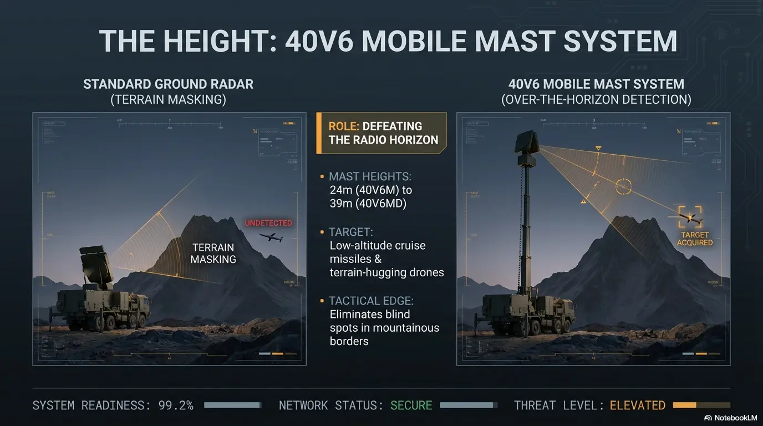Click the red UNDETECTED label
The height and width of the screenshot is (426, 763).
click(268, 223)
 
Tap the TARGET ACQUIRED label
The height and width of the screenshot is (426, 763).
click(694, 239)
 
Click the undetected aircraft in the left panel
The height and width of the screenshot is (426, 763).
click(271, 237)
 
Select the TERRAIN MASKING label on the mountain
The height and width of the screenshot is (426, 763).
click(213, 253)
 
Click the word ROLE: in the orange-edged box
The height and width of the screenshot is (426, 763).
click(343, 126)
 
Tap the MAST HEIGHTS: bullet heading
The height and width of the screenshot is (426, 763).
click(370, 176)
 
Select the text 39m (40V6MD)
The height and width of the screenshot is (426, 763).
click(368, 204)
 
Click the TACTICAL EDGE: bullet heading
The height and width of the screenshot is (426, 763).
click(371, 301)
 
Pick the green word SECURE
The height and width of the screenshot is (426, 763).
click(411, 405)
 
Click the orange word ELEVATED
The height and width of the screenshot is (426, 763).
click(637, 405)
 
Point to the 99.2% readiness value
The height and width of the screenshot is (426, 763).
click(176, 405)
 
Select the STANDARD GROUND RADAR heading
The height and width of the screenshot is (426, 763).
click(168, 84)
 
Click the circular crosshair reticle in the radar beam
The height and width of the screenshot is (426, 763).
click(623, 187)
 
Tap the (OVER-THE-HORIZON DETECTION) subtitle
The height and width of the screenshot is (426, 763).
click(596, 100)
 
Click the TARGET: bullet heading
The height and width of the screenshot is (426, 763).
click(351, 231)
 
